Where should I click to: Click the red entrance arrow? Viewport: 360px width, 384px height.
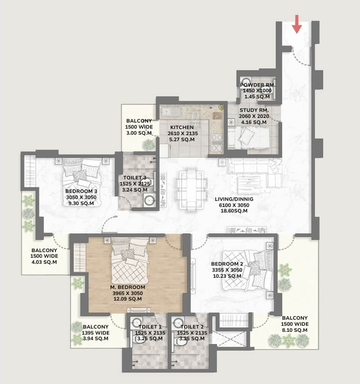(297, 24)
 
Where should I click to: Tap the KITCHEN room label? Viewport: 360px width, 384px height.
(182, 127)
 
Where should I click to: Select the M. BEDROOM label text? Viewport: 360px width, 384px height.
(127, 287)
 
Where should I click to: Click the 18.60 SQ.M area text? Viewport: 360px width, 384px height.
(234, 211)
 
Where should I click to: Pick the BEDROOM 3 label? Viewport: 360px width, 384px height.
(81, 191)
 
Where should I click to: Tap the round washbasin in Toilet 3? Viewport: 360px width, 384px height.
(149, 200)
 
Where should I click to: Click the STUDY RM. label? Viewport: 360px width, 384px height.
(254, 110)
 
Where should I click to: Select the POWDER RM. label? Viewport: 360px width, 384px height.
(257, 85)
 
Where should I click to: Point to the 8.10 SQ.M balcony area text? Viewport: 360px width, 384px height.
(295, 330)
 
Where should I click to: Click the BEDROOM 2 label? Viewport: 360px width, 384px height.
(227, 264)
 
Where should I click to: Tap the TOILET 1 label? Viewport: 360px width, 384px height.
(150, 327)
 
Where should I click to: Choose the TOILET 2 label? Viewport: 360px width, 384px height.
(192, 327)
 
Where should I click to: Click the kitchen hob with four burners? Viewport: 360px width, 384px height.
(217, 143)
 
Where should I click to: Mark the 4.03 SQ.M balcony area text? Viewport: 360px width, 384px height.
(44, 262)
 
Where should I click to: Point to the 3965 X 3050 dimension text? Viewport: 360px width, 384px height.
(127, 293)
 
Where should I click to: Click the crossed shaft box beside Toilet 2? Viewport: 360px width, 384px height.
(229, 339)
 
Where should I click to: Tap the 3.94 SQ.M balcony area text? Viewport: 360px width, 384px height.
(96, 339)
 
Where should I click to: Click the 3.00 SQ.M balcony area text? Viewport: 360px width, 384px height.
(139, 133)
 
